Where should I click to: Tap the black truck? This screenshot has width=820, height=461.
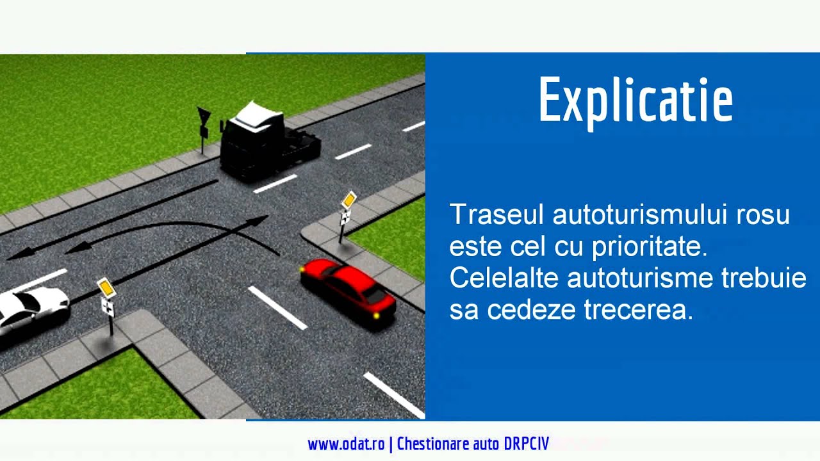coord(266,142)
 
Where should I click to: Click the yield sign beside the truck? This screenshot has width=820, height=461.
coord(204,117)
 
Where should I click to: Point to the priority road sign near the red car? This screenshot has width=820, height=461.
coord(348,200)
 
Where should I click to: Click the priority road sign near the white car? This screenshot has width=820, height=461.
coord(106,288)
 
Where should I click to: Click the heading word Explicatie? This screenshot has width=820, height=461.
coord(635,101)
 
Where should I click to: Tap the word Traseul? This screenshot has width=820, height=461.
coord(497,214)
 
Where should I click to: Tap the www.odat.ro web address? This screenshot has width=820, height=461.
coord(346,444)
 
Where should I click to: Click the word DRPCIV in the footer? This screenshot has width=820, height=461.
coord(526,444)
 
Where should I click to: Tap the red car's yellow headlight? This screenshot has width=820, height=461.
coord(376,315)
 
